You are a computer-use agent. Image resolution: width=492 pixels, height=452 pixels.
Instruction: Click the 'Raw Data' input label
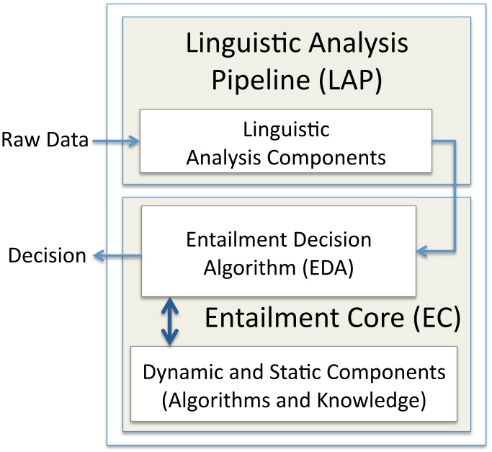point(45,141)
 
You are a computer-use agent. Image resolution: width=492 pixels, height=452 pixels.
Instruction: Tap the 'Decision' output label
point(47,255)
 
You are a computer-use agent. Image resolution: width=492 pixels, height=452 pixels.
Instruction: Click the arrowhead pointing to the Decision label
point(101,255)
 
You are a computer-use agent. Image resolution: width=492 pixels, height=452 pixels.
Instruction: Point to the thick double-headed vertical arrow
point(169,320)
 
